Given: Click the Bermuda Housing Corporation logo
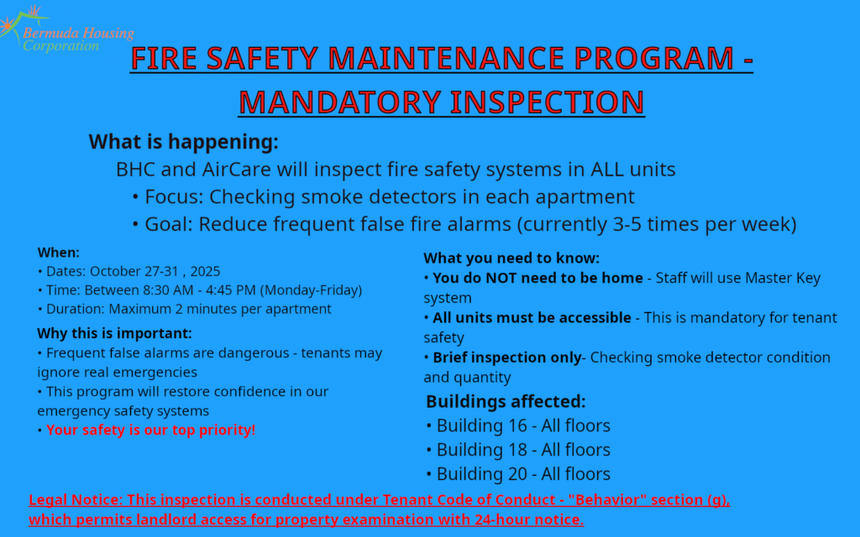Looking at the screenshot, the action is click(67, 29).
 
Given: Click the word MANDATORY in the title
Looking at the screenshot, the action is click(339, 102).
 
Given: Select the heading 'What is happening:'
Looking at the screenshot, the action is click(184, 141).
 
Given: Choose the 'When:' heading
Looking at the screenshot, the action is click(58, 253).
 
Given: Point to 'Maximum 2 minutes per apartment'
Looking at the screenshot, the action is click(220, 309).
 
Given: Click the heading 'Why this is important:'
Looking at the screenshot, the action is click(114, 333).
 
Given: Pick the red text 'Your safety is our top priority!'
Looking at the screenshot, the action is click(151, 430).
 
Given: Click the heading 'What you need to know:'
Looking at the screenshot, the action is click(511, 258).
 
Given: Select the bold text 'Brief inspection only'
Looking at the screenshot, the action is click(507, 357).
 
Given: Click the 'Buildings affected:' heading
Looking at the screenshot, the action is click(506, 402).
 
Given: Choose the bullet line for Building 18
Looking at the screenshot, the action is click(517, 450).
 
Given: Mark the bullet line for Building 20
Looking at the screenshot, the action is click(517, 474).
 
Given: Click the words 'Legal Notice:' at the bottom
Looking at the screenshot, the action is click(76, 500).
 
